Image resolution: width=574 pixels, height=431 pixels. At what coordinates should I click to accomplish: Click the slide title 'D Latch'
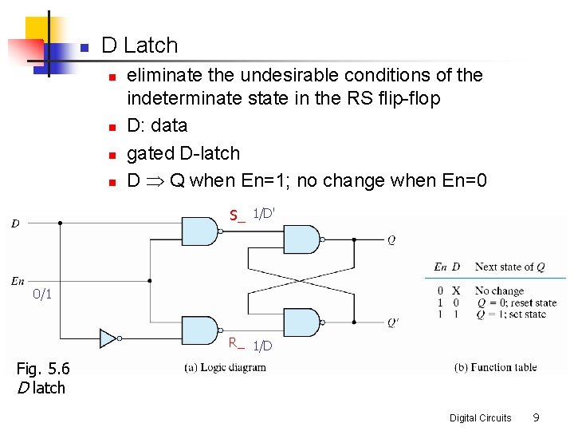point(140,45)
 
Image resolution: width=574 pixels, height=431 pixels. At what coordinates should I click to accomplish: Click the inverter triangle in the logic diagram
point(108,338)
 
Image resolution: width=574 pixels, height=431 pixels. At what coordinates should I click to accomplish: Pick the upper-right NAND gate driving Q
point(302,239)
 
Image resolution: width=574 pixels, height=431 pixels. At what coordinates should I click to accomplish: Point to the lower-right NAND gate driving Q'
point(302,323)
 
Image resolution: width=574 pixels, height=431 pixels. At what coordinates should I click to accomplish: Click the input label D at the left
point(15,223)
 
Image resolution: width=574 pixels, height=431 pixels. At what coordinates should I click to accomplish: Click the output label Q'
point(393,323)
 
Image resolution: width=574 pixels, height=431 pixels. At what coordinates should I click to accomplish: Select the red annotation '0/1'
point(42,295)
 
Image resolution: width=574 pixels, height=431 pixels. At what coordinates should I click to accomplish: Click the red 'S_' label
point(237,215)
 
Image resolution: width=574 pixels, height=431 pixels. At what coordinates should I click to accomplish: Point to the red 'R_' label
point(236,343)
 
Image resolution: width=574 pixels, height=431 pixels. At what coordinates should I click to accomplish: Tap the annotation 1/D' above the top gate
point(264,214)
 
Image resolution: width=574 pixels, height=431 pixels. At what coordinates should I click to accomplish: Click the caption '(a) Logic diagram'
point(226,367)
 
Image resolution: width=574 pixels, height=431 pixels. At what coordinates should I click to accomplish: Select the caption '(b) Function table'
point(495,367)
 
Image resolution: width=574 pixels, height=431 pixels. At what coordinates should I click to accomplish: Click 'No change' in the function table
point(499,291)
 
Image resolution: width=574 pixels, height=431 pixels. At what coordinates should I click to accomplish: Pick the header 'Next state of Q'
point(509,267)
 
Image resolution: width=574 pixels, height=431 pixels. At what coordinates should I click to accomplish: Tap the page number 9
point(537,417)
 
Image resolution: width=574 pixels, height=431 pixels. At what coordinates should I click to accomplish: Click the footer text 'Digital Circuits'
point(480,418)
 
